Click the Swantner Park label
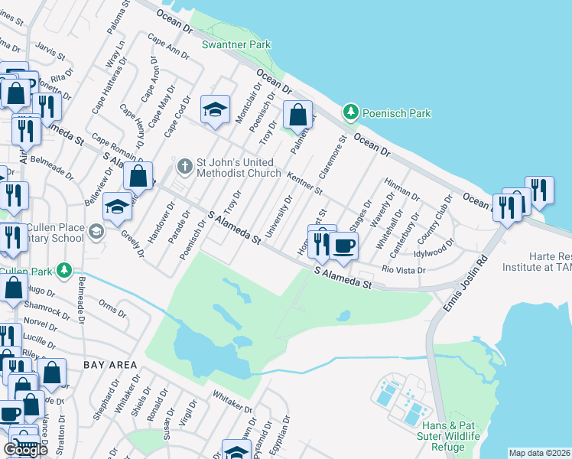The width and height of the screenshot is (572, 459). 236,45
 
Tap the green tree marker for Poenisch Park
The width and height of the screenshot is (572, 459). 351,112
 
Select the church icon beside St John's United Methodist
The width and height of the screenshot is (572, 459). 184,165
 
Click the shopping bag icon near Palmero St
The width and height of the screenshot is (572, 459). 297,116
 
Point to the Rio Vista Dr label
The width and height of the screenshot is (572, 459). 403,270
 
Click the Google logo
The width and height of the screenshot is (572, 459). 25,450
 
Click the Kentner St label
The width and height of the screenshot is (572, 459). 305,183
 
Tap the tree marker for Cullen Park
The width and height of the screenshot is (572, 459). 66,270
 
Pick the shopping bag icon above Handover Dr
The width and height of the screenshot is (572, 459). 138,175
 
